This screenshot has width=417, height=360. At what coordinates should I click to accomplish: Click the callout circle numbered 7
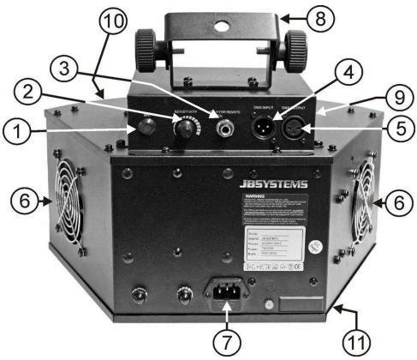click(226, 340)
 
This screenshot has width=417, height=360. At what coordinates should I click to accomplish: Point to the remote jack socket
click(226, 130)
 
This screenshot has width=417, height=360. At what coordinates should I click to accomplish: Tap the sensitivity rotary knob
click(182, 132)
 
